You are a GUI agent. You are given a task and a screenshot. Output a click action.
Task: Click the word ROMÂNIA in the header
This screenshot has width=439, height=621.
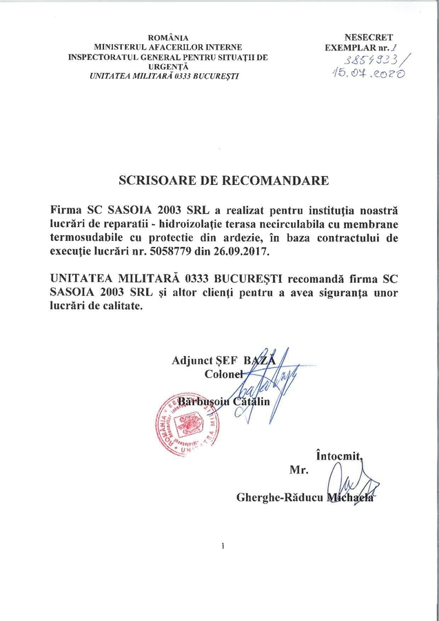[x=168, y=37]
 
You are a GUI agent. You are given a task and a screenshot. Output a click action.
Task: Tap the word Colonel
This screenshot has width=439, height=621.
[x=225, y=373]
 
